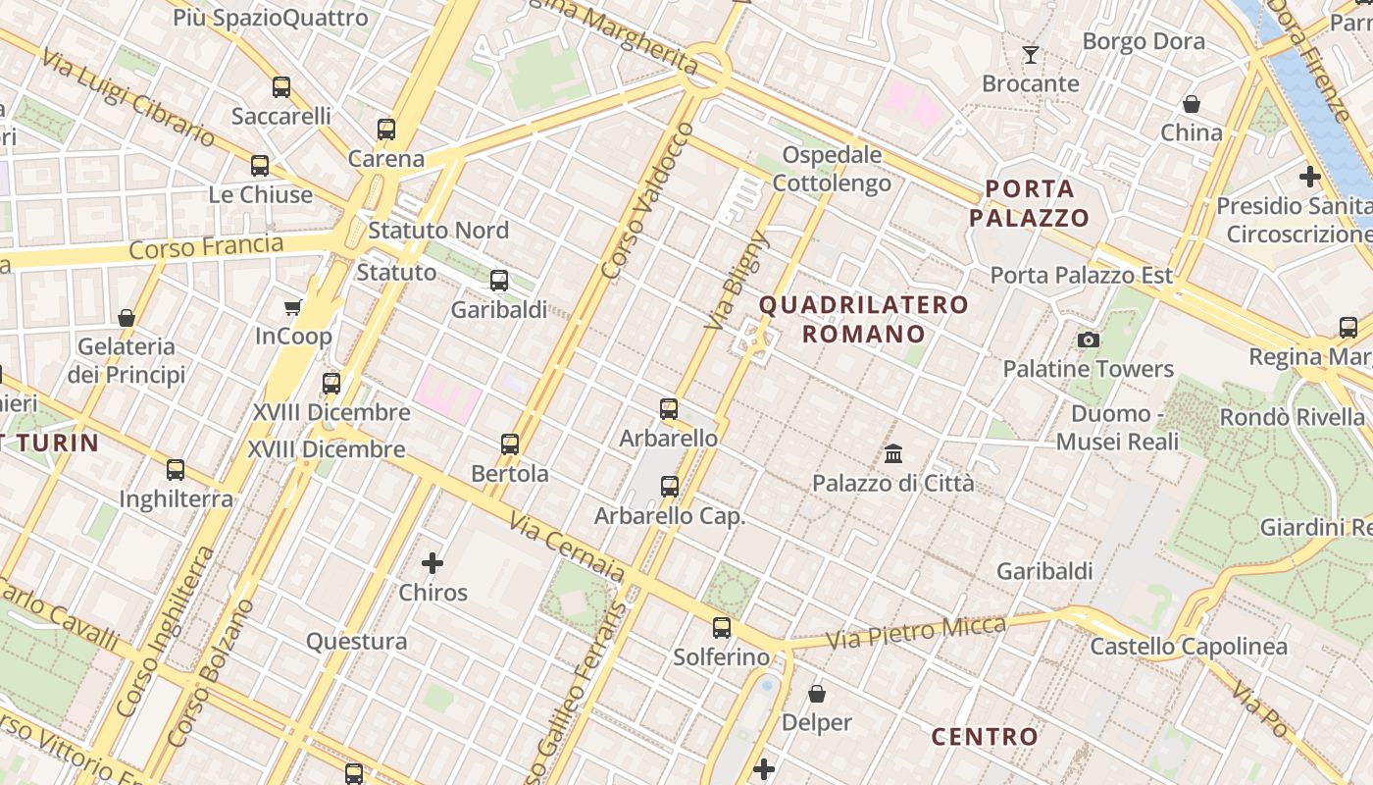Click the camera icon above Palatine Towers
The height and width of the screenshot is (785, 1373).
pyautogui.click(x=1088, y=340)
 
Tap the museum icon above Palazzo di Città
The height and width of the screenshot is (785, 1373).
pyautogui.click(x=893, y=454)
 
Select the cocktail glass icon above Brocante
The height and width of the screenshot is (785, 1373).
pyautogui.click(x=1030, y=55)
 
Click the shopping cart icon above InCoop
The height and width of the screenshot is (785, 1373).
pyautogui.click(x=292, y=308)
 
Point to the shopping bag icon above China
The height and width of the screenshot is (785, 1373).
pyautogui.click(x=1192, y=104)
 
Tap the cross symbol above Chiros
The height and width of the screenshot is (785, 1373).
pyautogui.click(x=432, y=563)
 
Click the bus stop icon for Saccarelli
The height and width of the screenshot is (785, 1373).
pyautogui.click(x=281, y=87)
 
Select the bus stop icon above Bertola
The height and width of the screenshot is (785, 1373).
pyautogui.click(x=510, y=444)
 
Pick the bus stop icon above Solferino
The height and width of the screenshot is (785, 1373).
pyautogui.click(x=722, y=628)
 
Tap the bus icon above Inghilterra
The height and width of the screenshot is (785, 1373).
pyautogui.click(x=176, y=470)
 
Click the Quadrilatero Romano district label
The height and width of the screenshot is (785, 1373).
pyautogui.click(x=863, y=319)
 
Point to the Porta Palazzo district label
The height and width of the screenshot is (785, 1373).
pyautogui.click(x=1030, y=203)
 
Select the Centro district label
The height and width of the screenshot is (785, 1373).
pyautogui.click(x=984, y=736)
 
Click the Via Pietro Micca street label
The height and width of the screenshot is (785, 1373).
pyautogui.click(x=916, y=632)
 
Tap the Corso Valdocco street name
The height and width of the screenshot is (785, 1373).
pyautogui.click(x=642, y=201)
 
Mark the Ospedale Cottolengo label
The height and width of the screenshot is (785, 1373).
pyautogui.click(x=832, y=169)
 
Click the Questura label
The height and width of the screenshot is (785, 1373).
pyautogui.click(x=356, y=642)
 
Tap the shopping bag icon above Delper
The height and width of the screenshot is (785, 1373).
pyautogui.click(x=817, y=695)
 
